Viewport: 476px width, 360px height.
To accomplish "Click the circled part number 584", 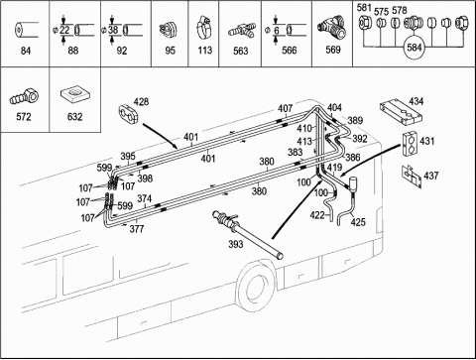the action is tap(414, 48).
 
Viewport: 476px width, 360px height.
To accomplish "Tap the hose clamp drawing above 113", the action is tap(204, 29).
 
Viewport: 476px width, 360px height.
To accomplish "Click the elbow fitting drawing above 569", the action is tap(331, 29).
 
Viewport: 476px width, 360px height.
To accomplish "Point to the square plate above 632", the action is tap(74, 94).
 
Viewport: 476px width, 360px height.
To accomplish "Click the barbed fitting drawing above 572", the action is tap(24, 96).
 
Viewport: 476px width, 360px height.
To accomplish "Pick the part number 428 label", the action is tap(141, 102).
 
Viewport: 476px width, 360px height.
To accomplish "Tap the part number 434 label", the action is tap(416, 101).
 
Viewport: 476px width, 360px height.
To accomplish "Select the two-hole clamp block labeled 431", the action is tap(411, 144).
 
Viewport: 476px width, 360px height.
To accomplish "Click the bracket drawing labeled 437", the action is tap(412, 176).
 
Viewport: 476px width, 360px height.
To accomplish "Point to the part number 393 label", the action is tap(236, 244).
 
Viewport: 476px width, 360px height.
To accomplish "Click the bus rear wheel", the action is tap(256, 285).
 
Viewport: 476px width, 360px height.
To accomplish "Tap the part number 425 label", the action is tap(358, 222).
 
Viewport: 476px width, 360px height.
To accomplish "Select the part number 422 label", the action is tap(317, 215).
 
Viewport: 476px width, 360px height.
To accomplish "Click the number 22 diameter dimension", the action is tap(64, 30).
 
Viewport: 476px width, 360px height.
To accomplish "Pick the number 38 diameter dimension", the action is tap(113, 30).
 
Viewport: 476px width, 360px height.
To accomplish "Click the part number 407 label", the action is tap(285, 108).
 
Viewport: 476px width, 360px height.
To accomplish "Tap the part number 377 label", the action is tap(137, 229).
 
